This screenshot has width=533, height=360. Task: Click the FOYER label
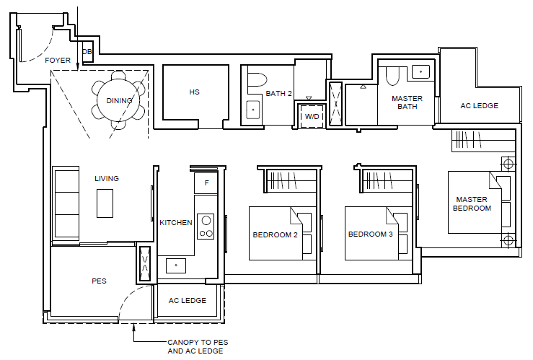pos(58,60)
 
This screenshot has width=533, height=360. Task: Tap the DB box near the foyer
pos(87,52)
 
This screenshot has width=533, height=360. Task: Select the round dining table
pos(118,100)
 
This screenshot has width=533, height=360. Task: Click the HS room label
pos(195,92)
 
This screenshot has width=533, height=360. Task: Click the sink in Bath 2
pos(253,110)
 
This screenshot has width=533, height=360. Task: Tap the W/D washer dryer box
pos(312,116)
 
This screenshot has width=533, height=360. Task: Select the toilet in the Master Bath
pos(392,76)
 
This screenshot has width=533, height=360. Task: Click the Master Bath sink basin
pos(420,71)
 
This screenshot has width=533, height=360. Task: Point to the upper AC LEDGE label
pos(480,106)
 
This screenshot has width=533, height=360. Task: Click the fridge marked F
pos(206,183)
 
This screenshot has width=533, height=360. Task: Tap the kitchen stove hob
pos(206,227)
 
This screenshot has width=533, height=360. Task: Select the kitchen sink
pos(176,265)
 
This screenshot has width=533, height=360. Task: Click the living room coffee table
pos(105,203)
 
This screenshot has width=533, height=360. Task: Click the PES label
pos(99,281)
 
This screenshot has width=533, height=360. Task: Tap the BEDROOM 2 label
pos(275,234)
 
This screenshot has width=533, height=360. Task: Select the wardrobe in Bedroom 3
pos(387,180)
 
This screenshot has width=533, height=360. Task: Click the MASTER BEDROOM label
pos(472,203)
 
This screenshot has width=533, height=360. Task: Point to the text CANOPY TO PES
pos(198,342)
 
